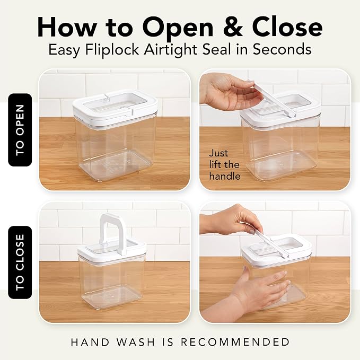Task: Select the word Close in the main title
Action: point(287,27)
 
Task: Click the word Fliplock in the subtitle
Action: point(112,49)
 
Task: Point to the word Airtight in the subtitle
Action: point(170,50)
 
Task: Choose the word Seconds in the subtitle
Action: point(282,49)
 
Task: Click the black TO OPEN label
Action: point(20,130)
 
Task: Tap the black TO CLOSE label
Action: point(20,262)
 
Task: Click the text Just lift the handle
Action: point(225,164)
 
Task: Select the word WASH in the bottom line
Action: point(136,342)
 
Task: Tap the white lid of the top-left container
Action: point(115,106)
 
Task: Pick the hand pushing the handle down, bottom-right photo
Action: point(232,221)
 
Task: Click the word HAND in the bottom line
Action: point(90,342)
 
